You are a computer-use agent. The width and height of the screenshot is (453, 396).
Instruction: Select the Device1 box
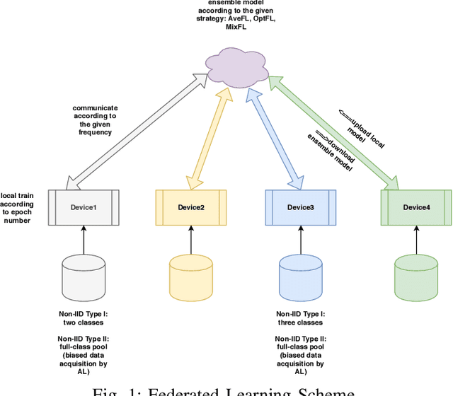click(x=84, y=206)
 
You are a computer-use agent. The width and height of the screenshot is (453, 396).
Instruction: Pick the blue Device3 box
click(x=299, y=206)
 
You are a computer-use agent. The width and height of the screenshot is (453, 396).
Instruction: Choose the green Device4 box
click(x=415, y=206)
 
